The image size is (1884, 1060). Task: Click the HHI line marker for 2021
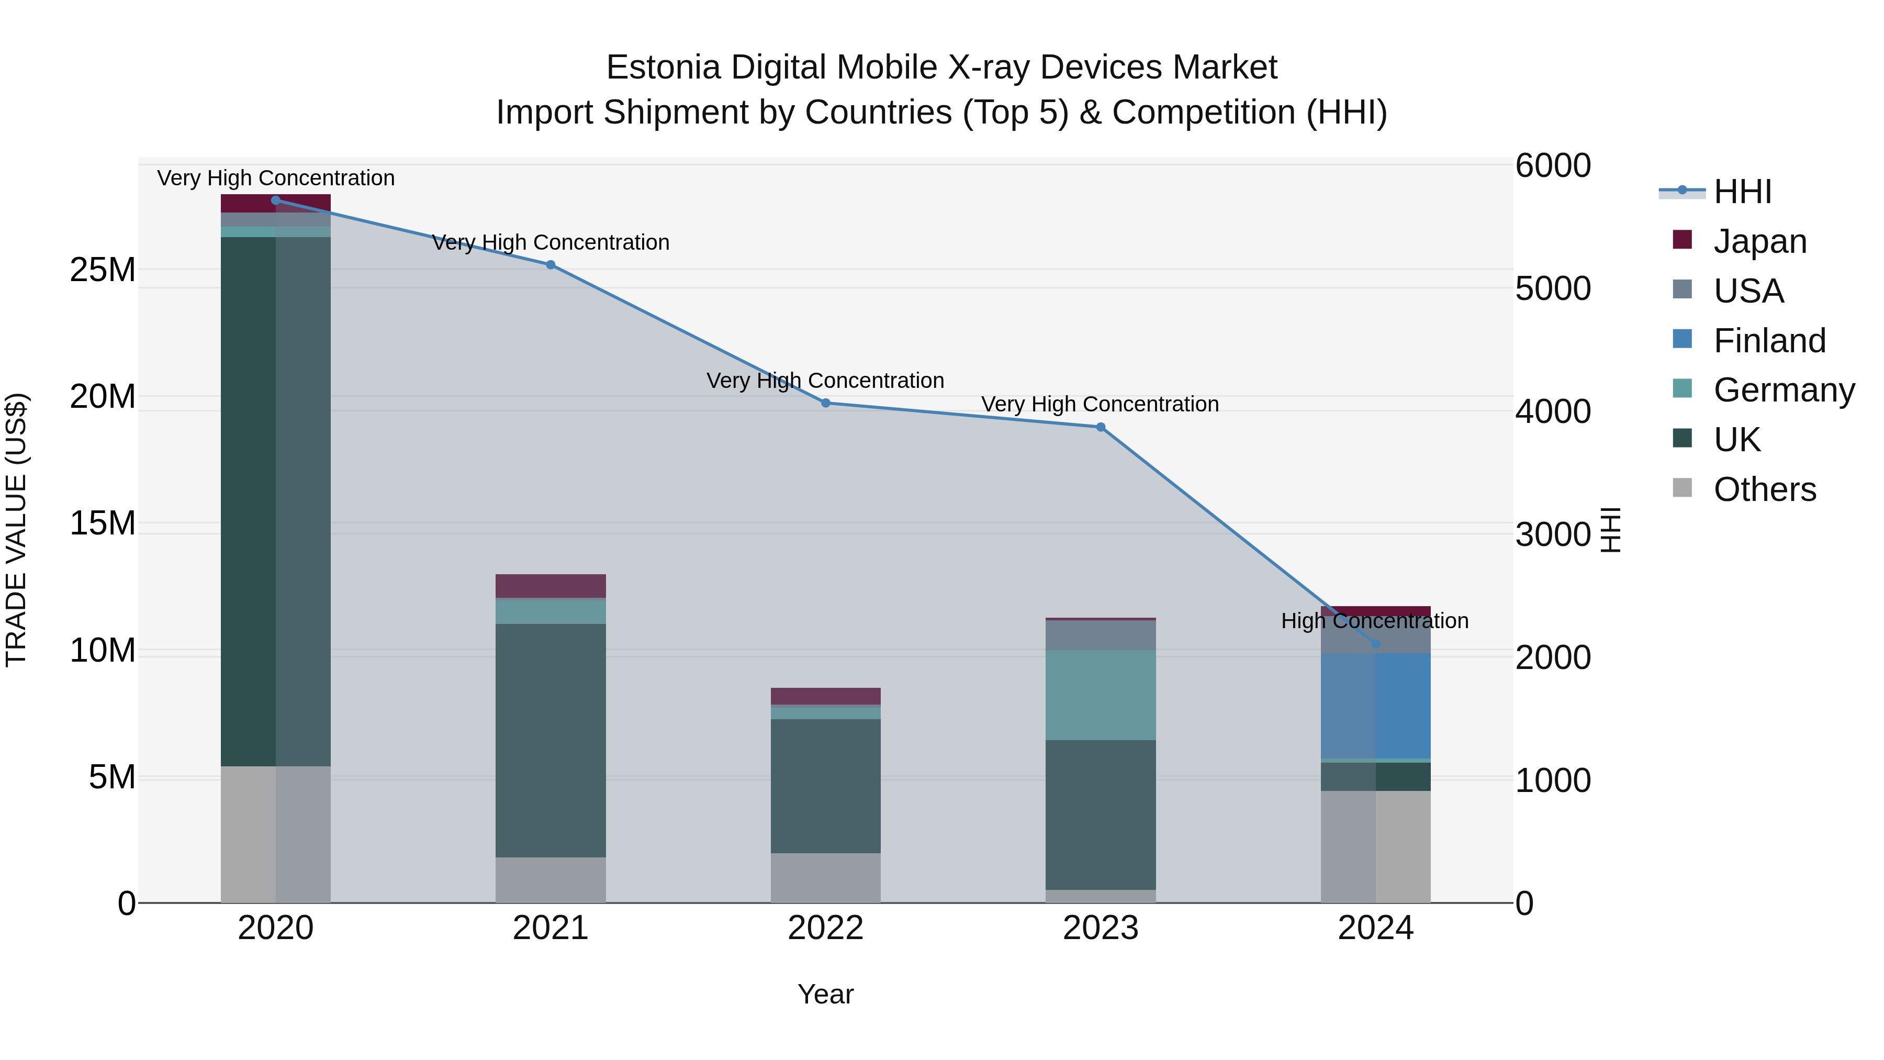[551, 265]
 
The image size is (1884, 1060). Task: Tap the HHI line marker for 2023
[1101, 427]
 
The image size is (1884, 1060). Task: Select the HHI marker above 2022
[826, 403]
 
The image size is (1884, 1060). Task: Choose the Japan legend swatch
[1682, 240]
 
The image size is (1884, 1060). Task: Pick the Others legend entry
[1764, 489]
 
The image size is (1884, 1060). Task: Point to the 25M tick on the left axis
[103, 270]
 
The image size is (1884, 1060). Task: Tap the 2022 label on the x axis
[826, 928]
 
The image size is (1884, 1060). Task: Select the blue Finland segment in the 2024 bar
[1376, 706]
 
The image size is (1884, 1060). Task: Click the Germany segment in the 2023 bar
[1101, 695]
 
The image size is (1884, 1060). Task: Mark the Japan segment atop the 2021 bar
[551, 586]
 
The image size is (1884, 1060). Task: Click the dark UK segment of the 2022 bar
[826, 786]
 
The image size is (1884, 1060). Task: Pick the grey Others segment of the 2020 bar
[276, 834]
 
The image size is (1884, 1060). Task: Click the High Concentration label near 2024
[1375, 621]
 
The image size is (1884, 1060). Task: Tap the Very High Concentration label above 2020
[276, 178]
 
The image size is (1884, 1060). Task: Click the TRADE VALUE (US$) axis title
[16, 530]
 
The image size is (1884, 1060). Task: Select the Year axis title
[826, 994]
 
